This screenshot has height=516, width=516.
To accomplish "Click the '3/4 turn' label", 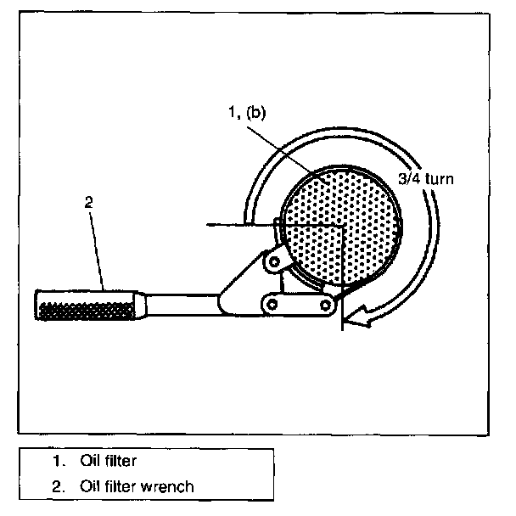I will click(429, 180).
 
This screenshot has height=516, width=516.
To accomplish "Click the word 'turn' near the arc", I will click(444, 180).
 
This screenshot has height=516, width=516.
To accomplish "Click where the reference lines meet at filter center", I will click(341, 225).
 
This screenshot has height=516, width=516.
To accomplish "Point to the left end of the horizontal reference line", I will click(208, 225).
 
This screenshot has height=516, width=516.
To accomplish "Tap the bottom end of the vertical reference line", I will click(341, 329).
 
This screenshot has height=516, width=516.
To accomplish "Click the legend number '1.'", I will click(58, 462).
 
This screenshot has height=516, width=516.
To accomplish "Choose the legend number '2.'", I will click(58, 486).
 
